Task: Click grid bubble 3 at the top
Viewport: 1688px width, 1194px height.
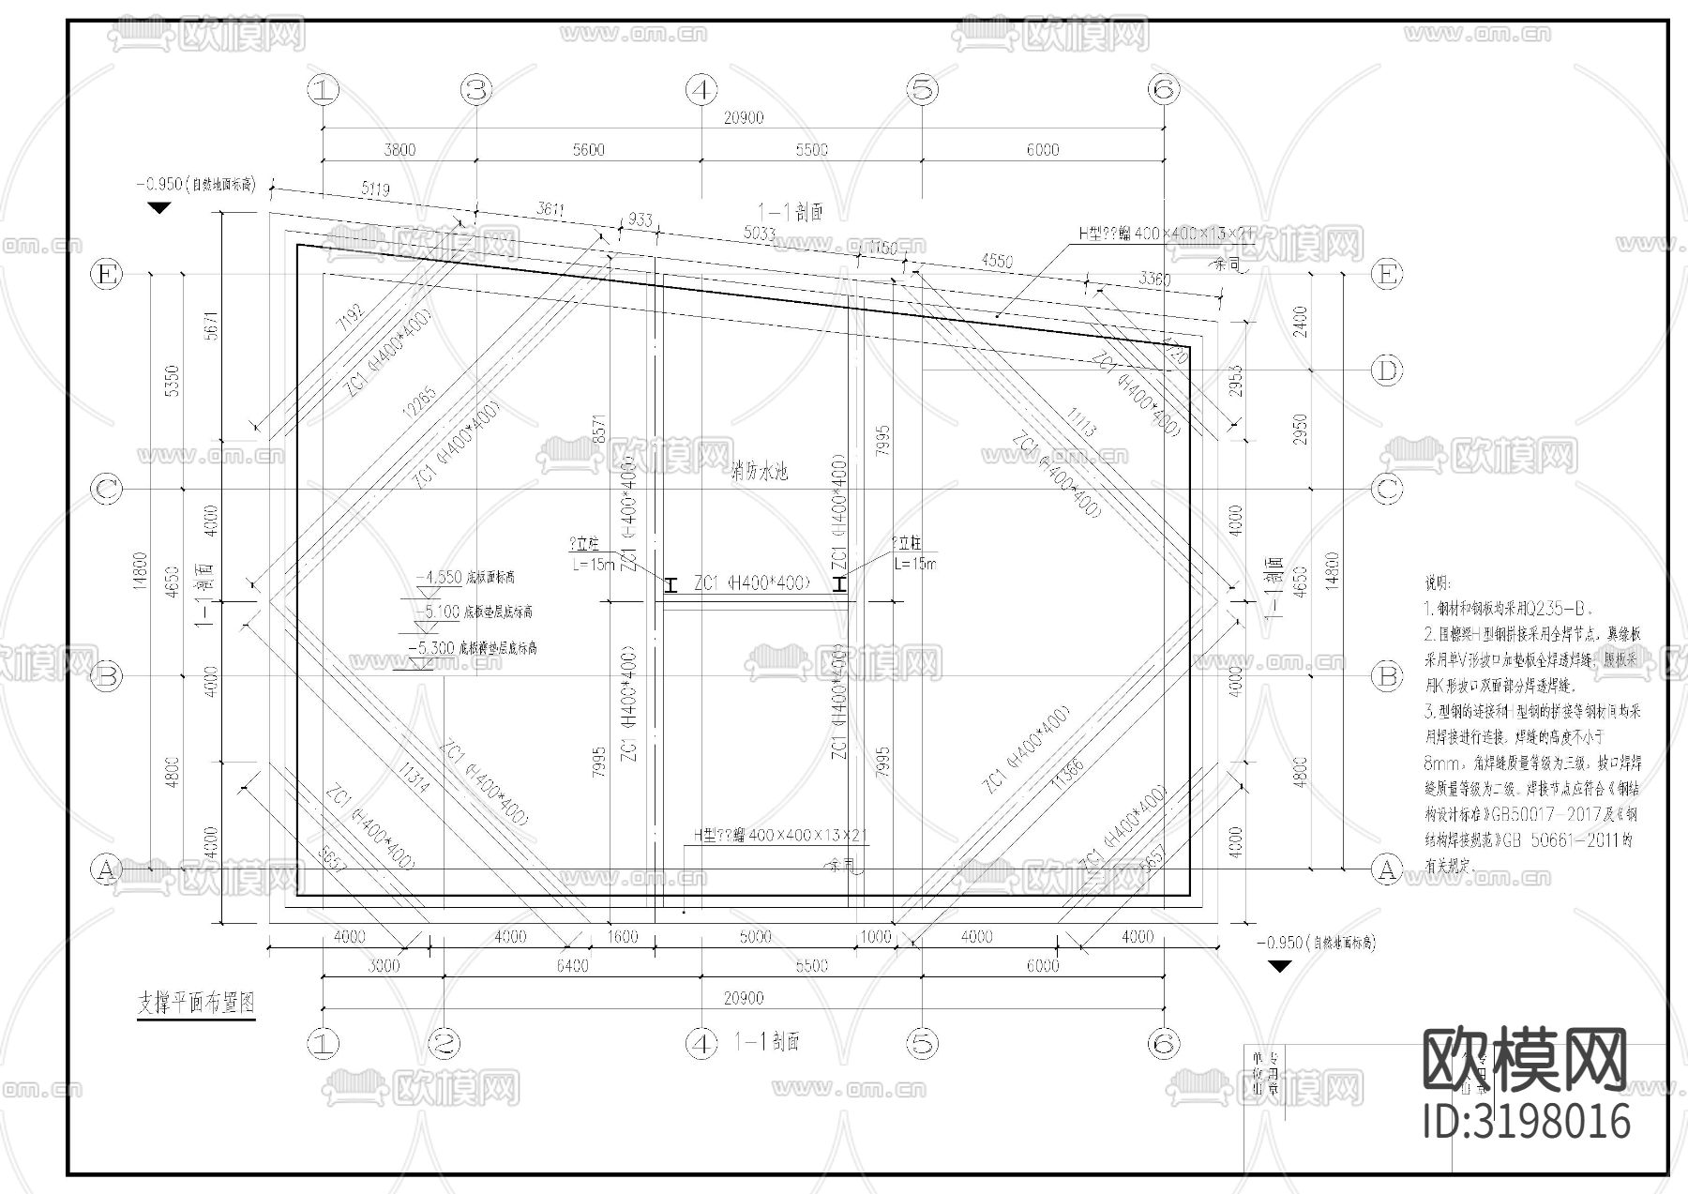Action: coord(476,90)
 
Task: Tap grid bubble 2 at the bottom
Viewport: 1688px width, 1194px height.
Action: coord(445,1043)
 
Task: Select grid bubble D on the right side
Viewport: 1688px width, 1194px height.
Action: coord(1386,370)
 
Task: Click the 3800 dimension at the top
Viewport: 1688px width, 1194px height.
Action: coord(399,150)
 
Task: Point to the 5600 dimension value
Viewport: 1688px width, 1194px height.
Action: coord(588,150)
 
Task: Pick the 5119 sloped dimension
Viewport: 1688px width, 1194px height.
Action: coord(374,190)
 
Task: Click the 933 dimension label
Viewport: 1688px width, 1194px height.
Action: coord(640,220)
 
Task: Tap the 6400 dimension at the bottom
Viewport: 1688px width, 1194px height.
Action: coord(572,966)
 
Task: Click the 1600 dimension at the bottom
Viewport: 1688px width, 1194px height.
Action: coord(622,937)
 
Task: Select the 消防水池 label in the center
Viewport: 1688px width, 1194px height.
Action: coord(759,471)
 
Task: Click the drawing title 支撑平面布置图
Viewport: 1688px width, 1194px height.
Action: coord(196,1004)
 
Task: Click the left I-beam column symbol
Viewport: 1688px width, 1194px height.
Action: coord(671,585)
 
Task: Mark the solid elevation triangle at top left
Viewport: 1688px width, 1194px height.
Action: coord(159,207)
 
